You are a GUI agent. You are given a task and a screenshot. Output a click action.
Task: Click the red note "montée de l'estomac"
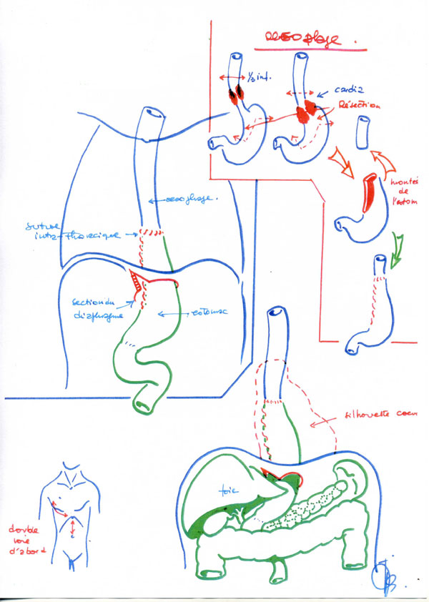pyautogui.click(x=406, y=192)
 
